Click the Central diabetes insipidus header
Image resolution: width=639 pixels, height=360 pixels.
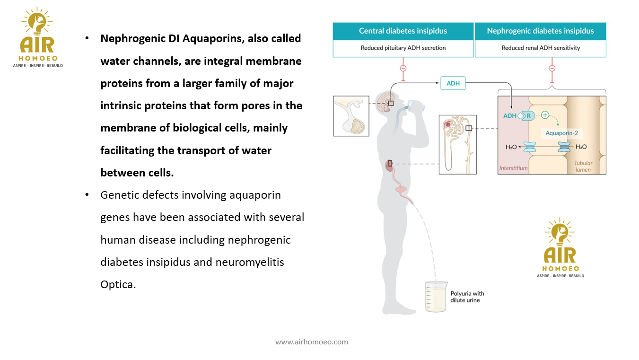[403, 31]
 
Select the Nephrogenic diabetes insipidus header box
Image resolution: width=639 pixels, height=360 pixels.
[540, 31]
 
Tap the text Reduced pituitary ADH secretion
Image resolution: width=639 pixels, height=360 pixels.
[403, 48]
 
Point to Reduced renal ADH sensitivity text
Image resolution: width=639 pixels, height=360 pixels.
[540, 48]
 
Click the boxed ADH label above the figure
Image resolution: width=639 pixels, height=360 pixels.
[453, 84]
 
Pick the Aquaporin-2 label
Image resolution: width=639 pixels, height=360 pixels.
[561, 133]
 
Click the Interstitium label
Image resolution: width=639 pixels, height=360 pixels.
[513, 168]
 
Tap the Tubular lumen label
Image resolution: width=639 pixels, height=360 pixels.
[583, 166]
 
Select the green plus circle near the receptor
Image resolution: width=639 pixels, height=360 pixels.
[544, 115]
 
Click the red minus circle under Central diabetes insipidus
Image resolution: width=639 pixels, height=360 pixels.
[403, 68]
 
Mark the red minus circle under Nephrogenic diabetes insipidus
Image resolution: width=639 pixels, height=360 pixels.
[551, 68]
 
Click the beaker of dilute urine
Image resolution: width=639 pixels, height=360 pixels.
[436, 297]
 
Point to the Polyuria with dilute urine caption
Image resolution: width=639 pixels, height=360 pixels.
[467, 297]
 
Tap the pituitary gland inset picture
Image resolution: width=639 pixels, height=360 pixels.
[351, 116]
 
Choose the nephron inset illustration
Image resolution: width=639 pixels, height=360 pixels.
[457, 144]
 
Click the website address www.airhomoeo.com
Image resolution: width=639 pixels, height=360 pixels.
[311, 342]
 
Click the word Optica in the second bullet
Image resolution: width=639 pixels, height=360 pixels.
[118, 284]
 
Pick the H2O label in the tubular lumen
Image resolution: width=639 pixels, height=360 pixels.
[581, 147]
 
